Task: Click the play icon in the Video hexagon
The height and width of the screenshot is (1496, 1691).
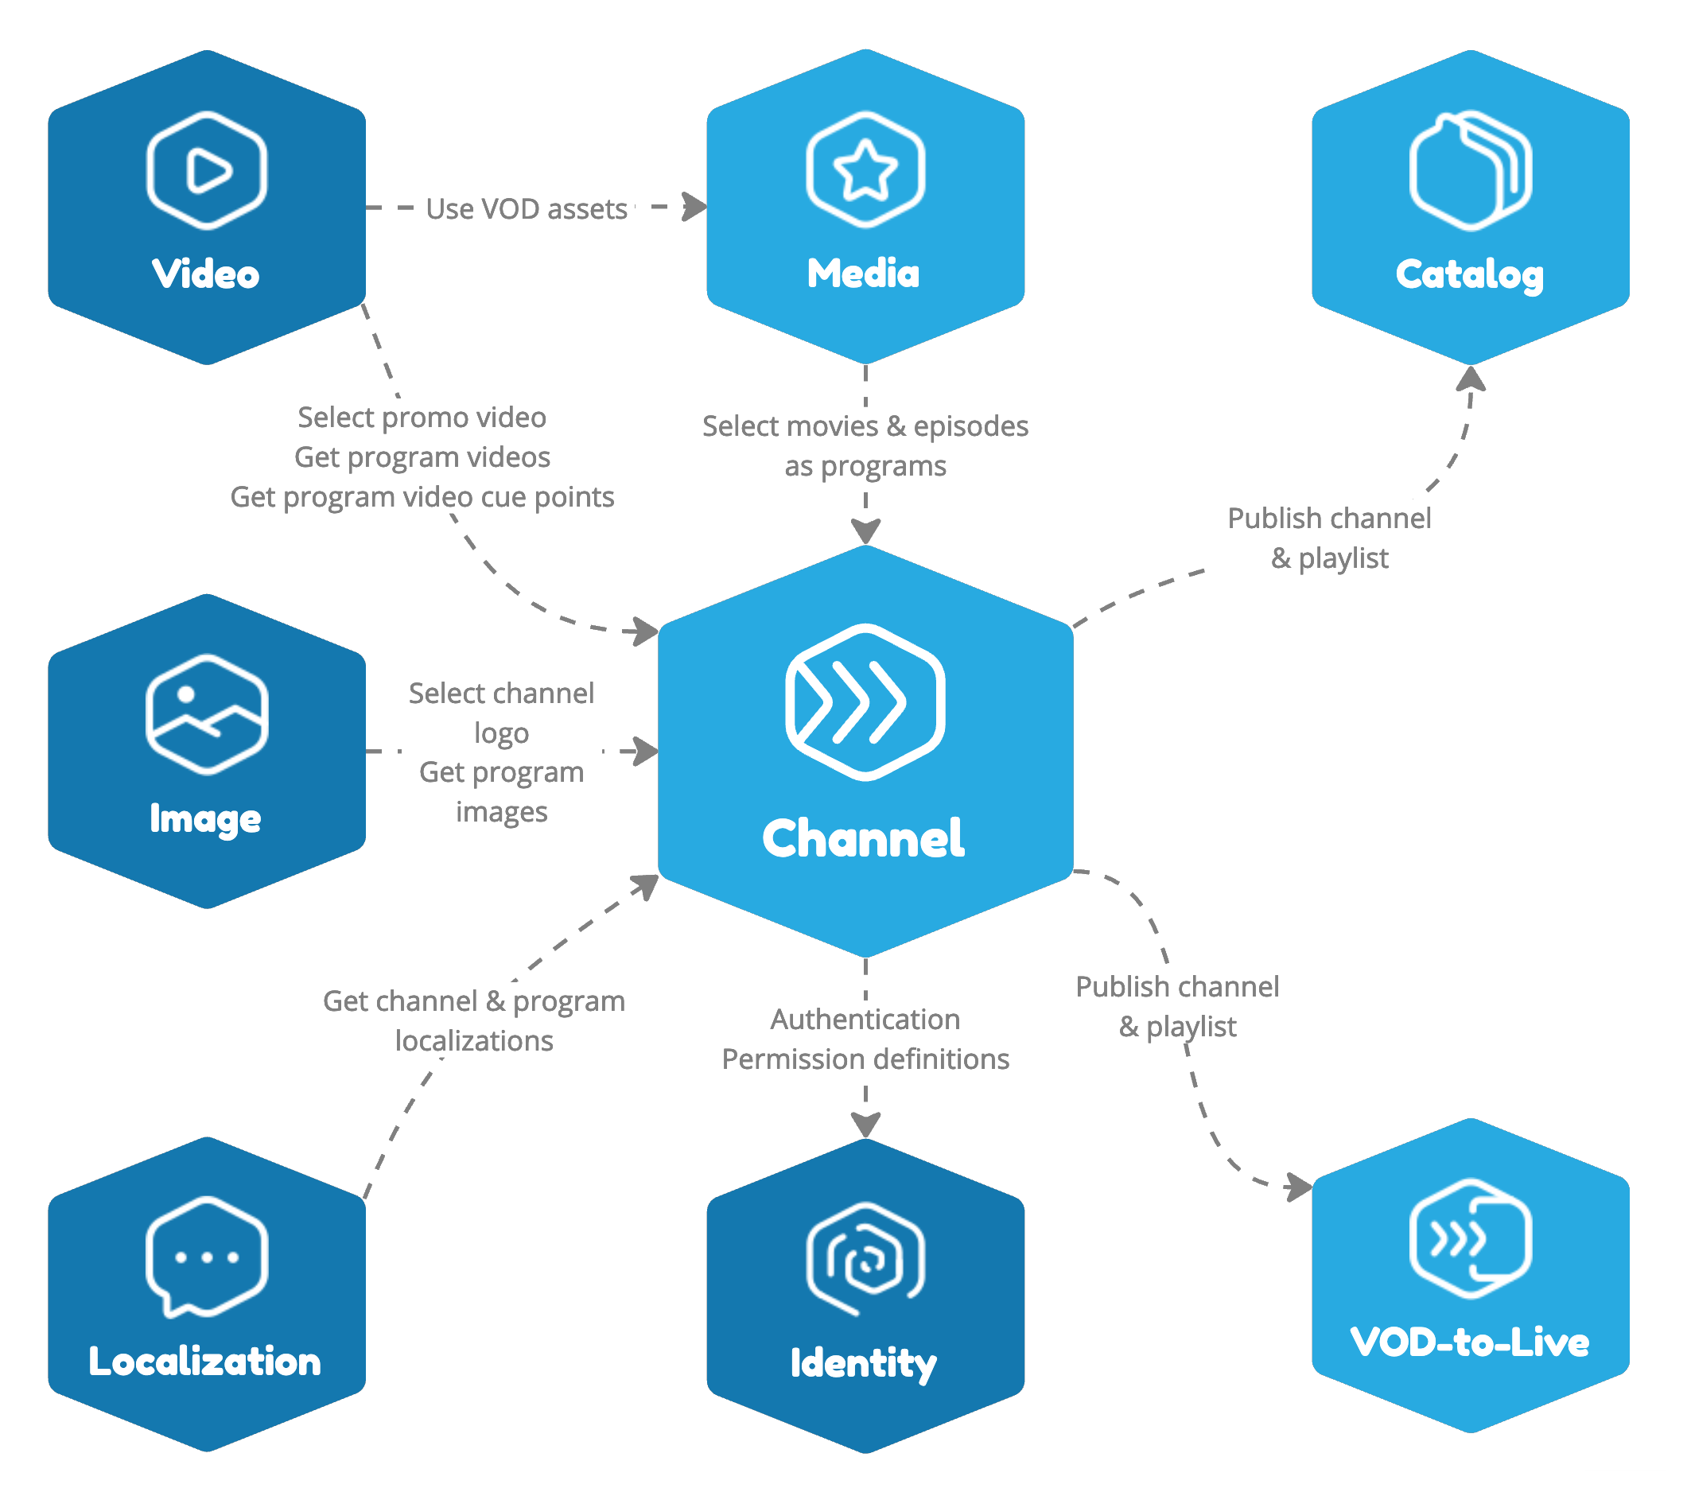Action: pos(207,170)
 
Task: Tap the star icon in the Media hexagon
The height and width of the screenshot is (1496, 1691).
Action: pos(865,169)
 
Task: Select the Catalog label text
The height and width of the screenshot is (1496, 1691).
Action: pos(1469,274)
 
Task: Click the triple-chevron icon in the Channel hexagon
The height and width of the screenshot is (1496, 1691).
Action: pos(865,701)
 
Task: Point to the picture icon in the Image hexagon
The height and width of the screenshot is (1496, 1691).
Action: pos(207,714)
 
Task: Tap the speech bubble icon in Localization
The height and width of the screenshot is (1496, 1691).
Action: pos(207,1257)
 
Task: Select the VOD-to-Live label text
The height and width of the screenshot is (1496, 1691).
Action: pos(1469,1342)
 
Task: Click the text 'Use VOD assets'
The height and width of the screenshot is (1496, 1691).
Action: pos(527,209)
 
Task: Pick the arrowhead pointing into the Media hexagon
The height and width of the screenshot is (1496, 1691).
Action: pos(696,207)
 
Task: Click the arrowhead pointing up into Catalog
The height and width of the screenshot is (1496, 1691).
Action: pos(1471,379)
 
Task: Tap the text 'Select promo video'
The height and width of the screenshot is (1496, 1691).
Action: pos(422,417)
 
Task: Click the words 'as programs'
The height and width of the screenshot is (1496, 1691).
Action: pos(865,466)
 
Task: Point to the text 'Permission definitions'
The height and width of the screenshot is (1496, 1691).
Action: pos(865,1059)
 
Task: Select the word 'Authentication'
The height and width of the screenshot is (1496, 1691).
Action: pos(865,1020)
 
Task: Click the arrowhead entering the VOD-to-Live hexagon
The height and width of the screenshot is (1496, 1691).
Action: pos(1300,1187)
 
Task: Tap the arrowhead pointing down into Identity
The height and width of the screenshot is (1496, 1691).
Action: pos(865,1125)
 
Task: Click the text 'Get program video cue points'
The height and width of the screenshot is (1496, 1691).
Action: pos(422,496)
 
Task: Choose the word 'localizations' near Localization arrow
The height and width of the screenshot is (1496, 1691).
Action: pos(474,1041)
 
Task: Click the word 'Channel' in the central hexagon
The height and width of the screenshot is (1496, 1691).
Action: pos(863,839)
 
